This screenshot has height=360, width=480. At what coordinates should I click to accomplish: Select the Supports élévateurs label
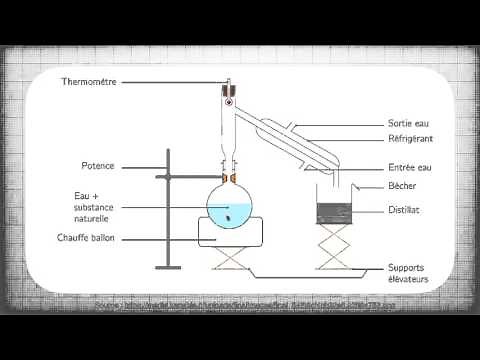tap(410, 273)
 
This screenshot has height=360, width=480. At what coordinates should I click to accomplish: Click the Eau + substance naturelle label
tap(97, 205)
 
